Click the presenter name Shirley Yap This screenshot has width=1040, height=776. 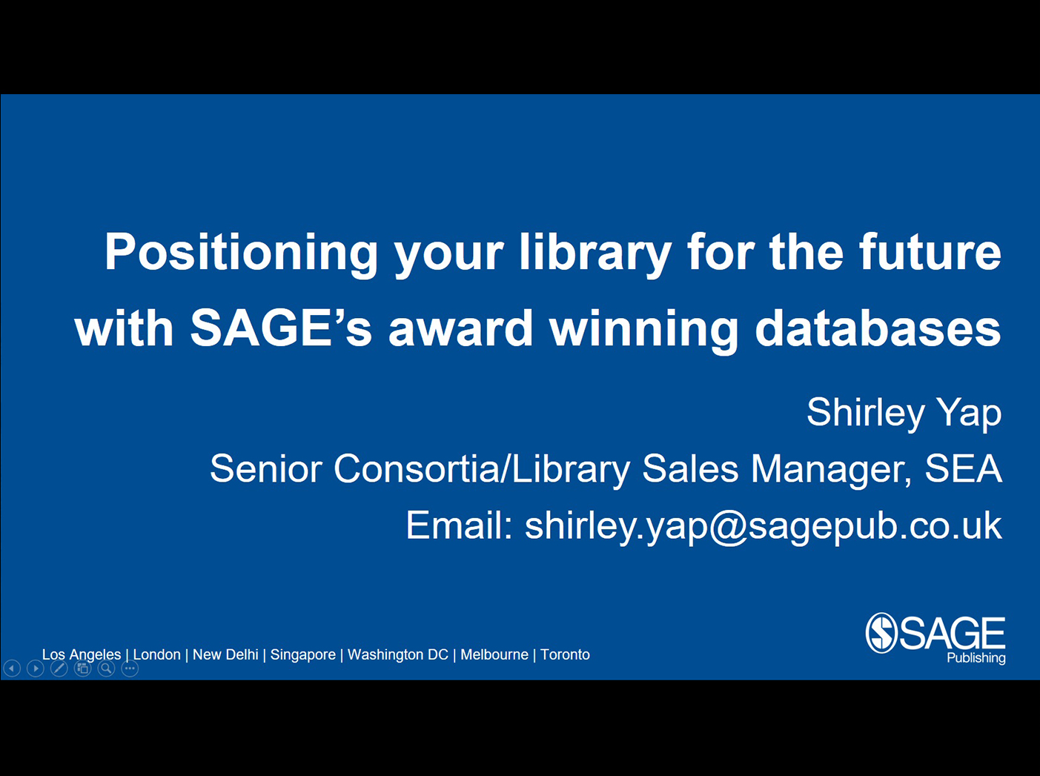point(904,413)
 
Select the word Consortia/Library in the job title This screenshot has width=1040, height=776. point(482,469)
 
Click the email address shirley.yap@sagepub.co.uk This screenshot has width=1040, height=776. point(764,526)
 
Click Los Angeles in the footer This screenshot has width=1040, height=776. point(82,654)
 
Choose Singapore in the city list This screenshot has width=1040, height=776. point(302,655)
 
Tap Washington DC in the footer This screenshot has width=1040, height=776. point(398,654)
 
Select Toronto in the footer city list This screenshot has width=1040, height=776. point(566,654)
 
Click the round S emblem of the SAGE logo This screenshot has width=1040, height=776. point(881,633)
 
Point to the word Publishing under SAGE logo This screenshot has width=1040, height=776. point(976,658)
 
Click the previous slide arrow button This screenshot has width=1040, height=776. point(12,669)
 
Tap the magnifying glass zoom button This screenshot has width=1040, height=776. point(107,669)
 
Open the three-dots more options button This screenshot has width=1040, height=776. point(130,669)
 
